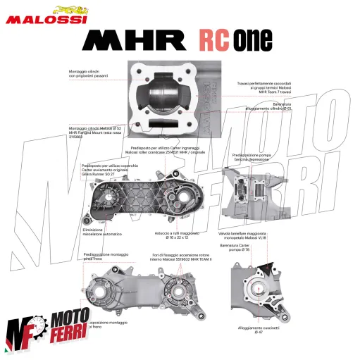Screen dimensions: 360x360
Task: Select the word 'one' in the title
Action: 256,40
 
